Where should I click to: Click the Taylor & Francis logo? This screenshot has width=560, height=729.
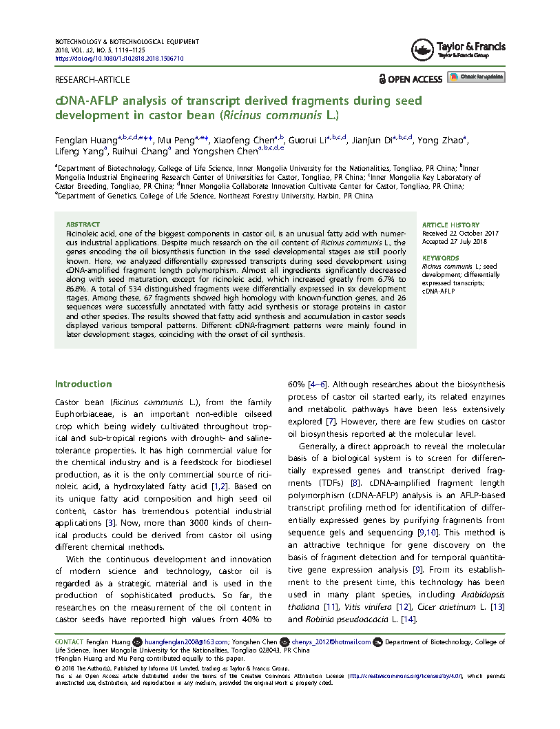click(458, 49)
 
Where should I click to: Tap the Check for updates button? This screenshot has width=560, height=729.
click(476, 76)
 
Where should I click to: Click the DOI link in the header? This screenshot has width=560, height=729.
click(118, 59)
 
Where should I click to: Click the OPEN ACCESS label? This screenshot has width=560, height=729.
click(411, 79)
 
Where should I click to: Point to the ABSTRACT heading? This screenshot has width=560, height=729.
click(83, 225)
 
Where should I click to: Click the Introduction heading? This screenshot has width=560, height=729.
click(83, 384)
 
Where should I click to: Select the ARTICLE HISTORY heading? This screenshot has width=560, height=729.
click(446, 225)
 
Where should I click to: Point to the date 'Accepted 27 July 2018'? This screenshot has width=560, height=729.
click(455, 242)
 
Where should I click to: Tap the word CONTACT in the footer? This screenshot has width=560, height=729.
click(69, 642)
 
